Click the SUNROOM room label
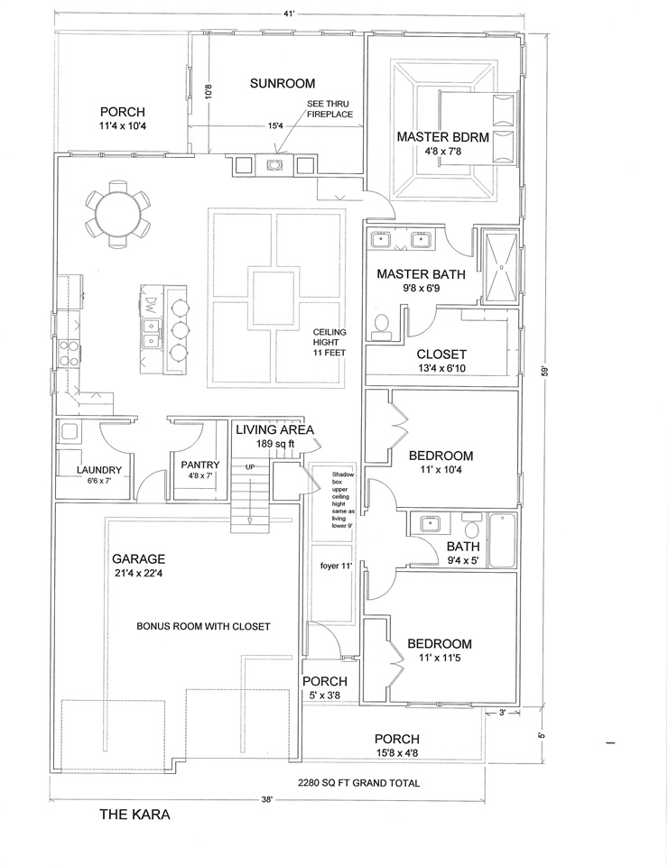click(x=283, y=83)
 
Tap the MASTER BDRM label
click(x=442, y=136)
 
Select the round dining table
click(x=117, y=214)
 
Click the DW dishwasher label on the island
click(x=150, y=303)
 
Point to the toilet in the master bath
click(x=381, y=327)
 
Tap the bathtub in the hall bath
click(x=502, y=540)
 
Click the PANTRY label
click(x=200, y=465)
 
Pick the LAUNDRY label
click(x=99, y=470)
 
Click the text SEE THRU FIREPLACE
click(x=329, y=109)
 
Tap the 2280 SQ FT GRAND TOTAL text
click(x=358, y=783)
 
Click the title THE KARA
click(x=135, y=814)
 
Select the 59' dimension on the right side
click(x=544, y=370)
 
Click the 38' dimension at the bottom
click(x=268, y=799)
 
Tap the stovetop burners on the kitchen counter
click(x=68, y=354)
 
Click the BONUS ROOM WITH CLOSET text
click(x=203, y=626)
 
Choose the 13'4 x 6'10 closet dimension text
click(x=441, y=368)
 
